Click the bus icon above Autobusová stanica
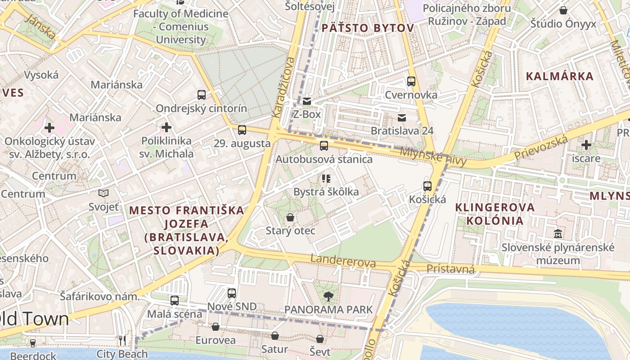[x=324, y=145]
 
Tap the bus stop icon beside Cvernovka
[x=411, y=81]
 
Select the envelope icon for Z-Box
[x=307, y=101]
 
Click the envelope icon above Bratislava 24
[x=401, y=117]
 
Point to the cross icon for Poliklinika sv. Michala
[x=166, y=127]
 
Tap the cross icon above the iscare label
[x=586, y=145]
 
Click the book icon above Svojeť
[x=103, y=193]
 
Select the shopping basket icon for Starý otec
[x=290, y=217]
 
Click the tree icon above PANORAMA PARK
[x=328, y=296]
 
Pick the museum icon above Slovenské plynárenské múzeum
[x=558, y=234]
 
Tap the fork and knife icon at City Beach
[x=122, y=341]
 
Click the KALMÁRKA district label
[x=560, y=76]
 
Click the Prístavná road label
[x=450, y=269]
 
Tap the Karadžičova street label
[x=283, y=88]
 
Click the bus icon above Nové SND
[x=232, y=293]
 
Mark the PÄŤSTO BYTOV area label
[x=367, y=28]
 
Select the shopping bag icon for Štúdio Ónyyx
[x=563, y=10]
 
